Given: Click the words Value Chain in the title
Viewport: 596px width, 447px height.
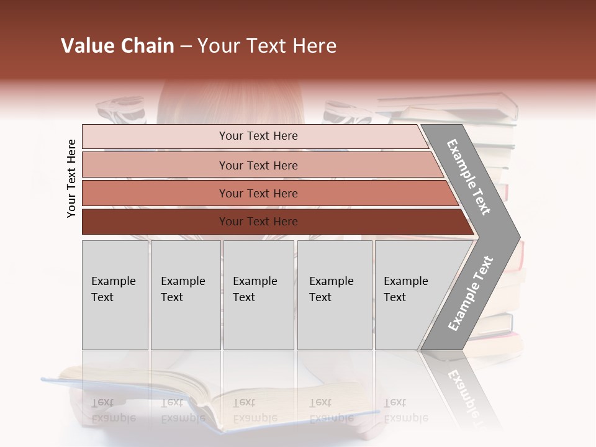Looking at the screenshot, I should pos(117,46).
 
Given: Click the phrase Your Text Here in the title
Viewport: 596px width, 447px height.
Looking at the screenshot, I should pos(267,46).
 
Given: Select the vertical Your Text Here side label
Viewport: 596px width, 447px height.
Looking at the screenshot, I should pos(71,178).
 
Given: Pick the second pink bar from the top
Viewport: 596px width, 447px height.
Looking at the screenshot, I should pos(258,165).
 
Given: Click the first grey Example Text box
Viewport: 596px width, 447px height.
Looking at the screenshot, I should pos(115,295).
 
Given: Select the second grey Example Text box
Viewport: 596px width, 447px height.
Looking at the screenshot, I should pos(185,295).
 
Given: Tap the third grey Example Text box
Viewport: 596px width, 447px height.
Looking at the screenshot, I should pos(258,295).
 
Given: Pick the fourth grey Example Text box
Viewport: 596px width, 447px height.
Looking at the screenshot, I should pos(334,295).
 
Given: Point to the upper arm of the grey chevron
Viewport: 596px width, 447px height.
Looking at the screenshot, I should pos(469,177).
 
